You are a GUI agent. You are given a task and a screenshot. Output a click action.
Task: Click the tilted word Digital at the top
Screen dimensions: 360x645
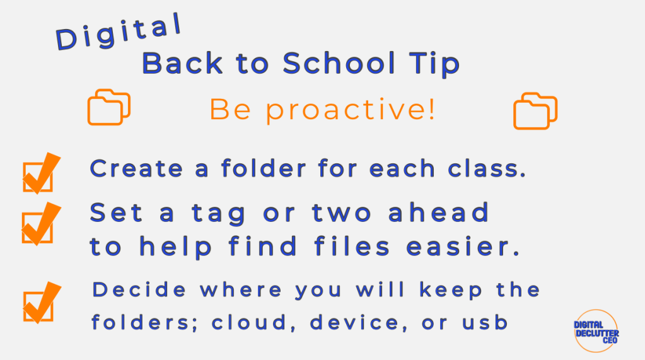coord(119,32)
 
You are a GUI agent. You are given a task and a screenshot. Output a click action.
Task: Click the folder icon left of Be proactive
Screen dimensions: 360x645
coord(108,107)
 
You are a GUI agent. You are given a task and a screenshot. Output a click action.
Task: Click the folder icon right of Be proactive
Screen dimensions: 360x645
coord(535,111)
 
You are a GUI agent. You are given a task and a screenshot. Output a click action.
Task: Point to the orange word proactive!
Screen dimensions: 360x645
coord(350,110)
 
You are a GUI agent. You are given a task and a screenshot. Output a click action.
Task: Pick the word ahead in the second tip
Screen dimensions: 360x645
coord(438,212)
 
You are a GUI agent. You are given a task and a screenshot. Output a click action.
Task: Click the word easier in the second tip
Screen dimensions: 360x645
coord(463,247)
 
